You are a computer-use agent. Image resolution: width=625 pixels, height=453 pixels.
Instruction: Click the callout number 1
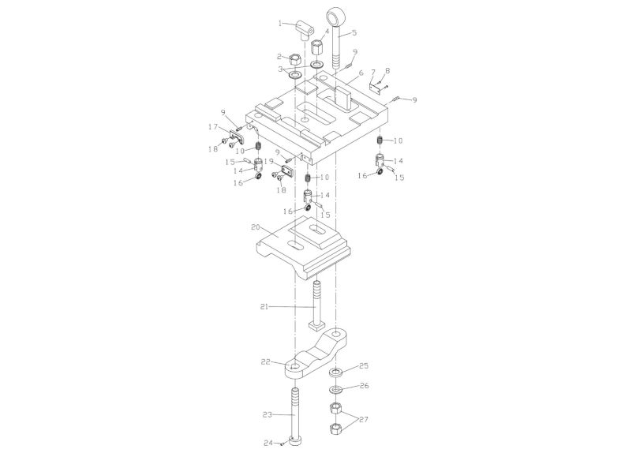pyautogui.click(x=279, y=23)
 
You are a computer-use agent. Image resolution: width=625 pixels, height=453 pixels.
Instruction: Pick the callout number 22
pyautogui.click(x=266, y=361)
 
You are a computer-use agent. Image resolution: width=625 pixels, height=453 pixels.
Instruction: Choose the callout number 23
pyautogui.click(x=266, y=413)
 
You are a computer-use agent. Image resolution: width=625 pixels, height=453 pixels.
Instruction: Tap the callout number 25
pyautogui.click(x=364, y=367)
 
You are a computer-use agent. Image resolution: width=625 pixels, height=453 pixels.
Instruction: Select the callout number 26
pyautogui.click(x=364, y=386)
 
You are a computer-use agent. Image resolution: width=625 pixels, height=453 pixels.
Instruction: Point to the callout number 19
pyautogui.click(x=268, y=161)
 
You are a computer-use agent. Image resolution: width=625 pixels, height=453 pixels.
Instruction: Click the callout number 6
pyautogui.click(x=360, y=73)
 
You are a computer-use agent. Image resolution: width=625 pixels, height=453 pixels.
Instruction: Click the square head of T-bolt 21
pyautogui.click(x=316, y=325)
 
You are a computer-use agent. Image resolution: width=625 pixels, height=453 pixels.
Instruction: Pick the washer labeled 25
pyautogui.click(x=335, y=371)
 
